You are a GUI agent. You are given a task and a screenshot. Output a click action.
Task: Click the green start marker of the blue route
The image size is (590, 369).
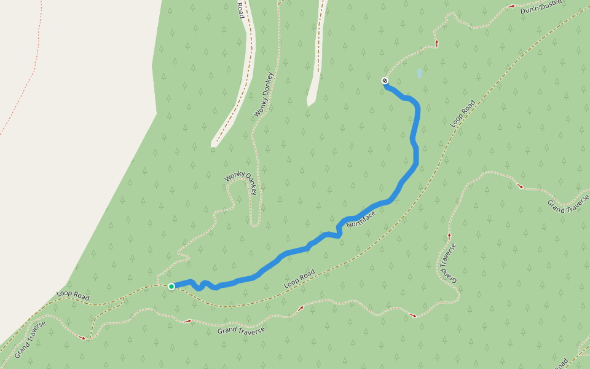pyautogui.click(x=171, y=286)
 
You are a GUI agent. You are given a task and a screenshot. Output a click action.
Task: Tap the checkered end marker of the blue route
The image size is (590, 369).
pyautogui.click(x=385, y=81)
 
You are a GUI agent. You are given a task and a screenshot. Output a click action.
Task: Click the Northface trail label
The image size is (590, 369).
pyautogui.click(x=361, y=216)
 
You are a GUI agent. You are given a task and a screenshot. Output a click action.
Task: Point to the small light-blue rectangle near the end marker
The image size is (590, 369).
pyautogui.click(x=419, y=73)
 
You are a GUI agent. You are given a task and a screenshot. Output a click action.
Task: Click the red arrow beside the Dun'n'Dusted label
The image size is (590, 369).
pyautogui.click(x=511, y=6)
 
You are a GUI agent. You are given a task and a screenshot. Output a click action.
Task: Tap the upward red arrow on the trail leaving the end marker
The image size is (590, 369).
pyautogui.click(x=437, y=43)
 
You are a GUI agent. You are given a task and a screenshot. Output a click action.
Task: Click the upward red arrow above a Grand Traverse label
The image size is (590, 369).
pyautogui.click(x=449, y=236)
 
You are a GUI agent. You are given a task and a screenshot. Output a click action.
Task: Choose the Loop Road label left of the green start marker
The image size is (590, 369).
pyautogui.click(x=73, y=296)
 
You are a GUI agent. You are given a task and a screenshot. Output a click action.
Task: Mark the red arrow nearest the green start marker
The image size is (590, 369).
pyautogui.click(x=188, y=320)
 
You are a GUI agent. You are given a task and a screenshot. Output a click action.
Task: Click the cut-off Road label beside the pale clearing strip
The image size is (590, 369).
pyautogui.click(x=241, y=9)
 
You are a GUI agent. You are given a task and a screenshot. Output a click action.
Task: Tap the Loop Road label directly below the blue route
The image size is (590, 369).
pyautogui.click(x=299, y=280)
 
